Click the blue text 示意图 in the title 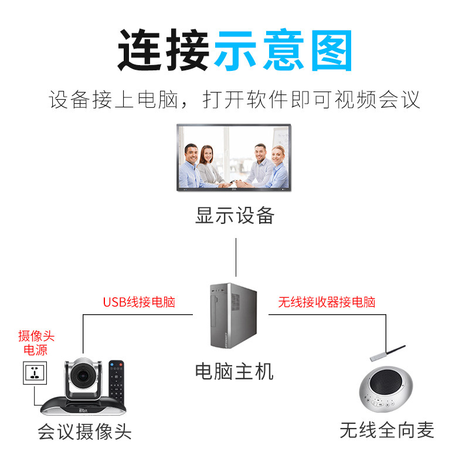[x=283, y=50]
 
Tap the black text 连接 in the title [x=164, y=50]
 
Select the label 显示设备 [x=235, y=215]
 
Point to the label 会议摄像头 [x=84, y=432]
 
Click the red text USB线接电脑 [x=139, y=303]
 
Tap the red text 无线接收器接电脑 [x=327, y=303]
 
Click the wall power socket [x=35, y=373]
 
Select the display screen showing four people [x=234, y=158]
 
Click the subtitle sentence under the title [x=235, y=100]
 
